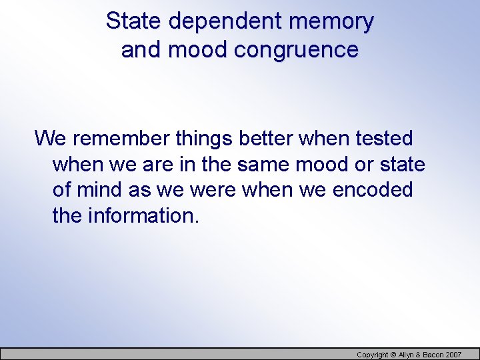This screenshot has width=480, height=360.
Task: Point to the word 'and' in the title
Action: (141, 50)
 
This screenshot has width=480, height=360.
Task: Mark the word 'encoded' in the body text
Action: (375, 190)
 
